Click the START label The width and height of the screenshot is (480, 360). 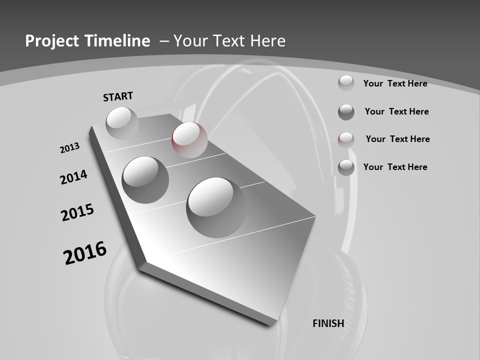(x=118, y=96)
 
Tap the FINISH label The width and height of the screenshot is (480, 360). (x=328, y=323)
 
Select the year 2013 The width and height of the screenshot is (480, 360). (x=70, y=147)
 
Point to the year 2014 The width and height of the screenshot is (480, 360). (x=74, y=177)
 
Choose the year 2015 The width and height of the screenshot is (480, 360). (x=77, y=212)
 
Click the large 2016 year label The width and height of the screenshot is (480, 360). (x=85, y=253)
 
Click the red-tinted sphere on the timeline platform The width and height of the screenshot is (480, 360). (x=189, y=139)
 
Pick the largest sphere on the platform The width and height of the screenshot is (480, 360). (x=216, y=207)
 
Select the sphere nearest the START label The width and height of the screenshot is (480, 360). (x=122, y=123)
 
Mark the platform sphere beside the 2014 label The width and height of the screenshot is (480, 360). (x=145, y=179)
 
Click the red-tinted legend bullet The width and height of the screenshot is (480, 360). (x=346, y=140)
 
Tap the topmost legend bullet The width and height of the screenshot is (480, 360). (x=346, y=82)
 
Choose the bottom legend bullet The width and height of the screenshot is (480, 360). (x=346, y=167)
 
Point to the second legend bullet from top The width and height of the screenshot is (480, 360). (x=346, y=112)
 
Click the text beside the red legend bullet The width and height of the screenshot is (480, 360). (x=397, y=139)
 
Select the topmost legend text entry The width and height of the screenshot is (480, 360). (x=395, y=83)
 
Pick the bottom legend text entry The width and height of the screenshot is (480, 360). (x=395, y=167)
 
